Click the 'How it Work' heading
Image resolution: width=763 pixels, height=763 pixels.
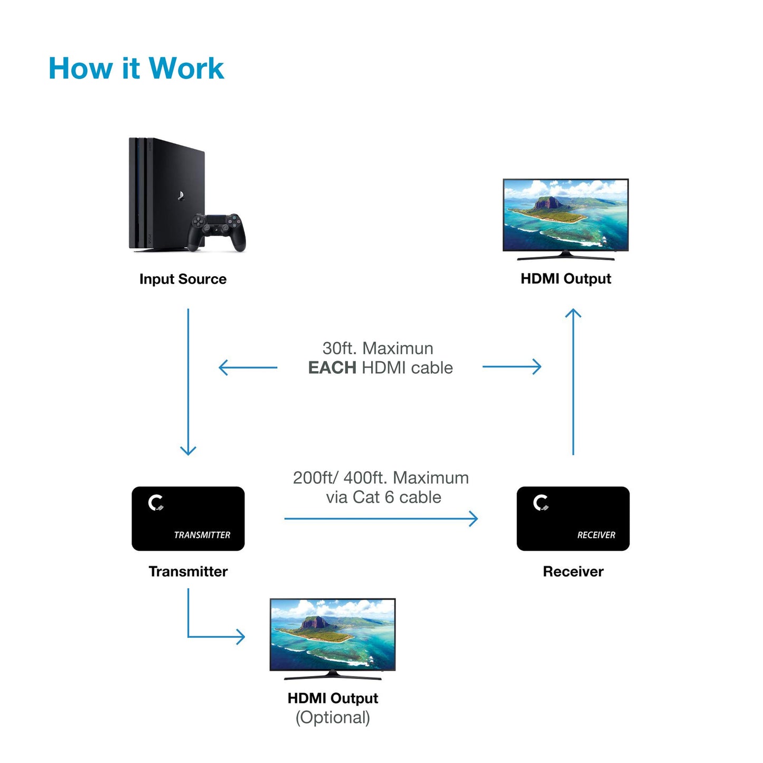(136, 69)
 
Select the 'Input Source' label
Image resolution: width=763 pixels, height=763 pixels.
(183, 279)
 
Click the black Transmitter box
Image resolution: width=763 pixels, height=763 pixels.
(188, 519)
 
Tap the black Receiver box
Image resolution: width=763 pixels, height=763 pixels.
(573, 519)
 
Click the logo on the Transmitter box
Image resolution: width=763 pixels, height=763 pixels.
(156, 503)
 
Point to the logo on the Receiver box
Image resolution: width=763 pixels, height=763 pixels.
(541, 503)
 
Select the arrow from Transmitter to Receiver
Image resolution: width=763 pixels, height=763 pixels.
(380, 519)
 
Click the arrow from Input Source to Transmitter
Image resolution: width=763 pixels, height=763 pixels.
(188, 380)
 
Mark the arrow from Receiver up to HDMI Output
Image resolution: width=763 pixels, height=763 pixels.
(573, 380)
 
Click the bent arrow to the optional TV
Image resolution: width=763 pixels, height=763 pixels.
(211, 636)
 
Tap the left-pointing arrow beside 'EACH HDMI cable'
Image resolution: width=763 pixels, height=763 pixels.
(248, 368)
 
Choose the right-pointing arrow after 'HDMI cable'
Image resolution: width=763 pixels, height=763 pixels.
(512, 366)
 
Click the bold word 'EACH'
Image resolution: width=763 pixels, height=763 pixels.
(332, 368)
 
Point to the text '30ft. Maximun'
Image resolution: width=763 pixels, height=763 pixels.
(378, 348)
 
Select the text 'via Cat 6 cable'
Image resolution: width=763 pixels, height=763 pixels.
(383, 497)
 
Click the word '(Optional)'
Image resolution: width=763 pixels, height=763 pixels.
(333, 717)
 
